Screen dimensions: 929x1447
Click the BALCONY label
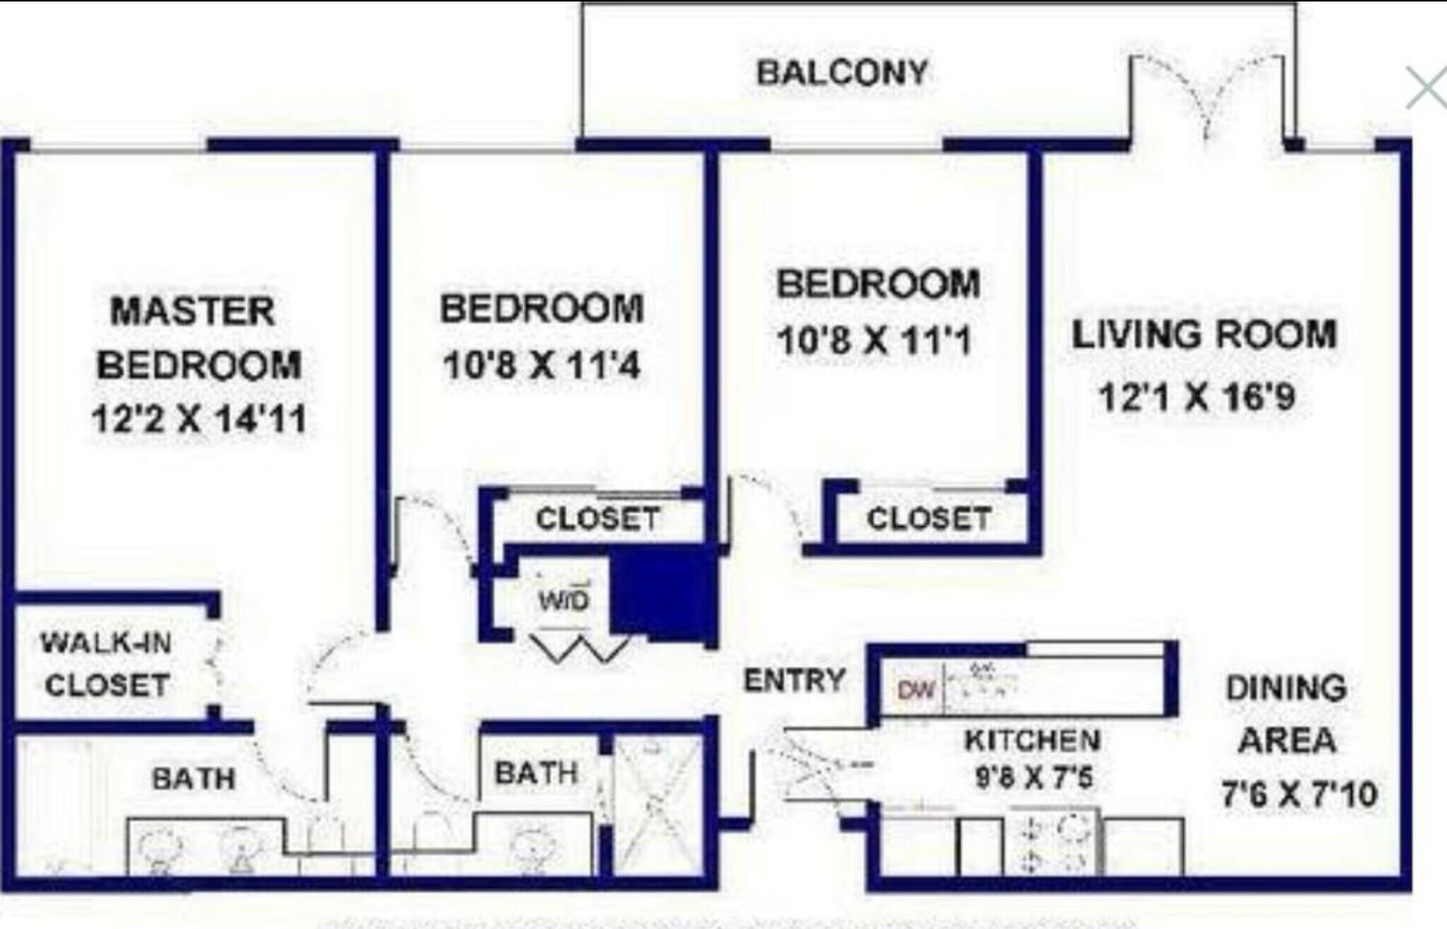(x=842, y=73)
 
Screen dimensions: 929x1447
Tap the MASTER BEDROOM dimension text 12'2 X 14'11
(x=199, y=419)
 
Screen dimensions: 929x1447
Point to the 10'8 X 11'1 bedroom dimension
(x=875, y=341)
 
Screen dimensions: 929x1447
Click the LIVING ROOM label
(x=1204, y=334)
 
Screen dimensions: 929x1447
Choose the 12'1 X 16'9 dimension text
(x=1197, y=396)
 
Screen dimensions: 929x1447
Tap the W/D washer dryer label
(x=563, y=601)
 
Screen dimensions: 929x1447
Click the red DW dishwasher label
(x=916, y=689)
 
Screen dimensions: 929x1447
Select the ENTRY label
(x=795, y=680)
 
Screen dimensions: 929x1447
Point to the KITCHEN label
(x=1032, y=740)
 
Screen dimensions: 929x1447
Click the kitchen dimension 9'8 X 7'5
(x=1034, y=778)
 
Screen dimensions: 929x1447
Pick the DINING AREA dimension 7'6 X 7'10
(x=1299, y=794)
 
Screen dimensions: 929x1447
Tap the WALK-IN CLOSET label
(x=107, y=664)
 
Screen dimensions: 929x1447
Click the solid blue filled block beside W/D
(x=663, y=594)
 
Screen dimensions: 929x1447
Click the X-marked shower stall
(x=656, y=806)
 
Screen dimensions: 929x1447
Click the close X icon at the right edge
(x=1426, y=88)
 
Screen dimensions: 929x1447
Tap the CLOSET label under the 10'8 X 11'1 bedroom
(x=928, y=519)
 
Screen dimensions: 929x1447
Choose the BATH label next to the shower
(x=537, y=773)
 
